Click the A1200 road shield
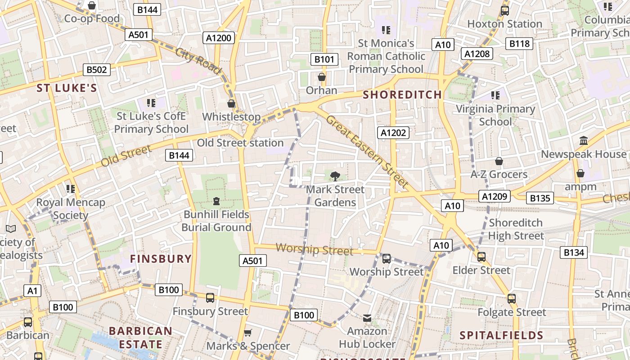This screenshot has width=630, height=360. pos(219,38)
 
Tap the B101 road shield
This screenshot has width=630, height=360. pos(324,59)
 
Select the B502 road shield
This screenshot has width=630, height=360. pos(97,70)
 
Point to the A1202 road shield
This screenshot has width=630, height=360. pos(393,133)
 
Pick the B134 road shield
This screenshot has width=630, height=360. pos(574,252)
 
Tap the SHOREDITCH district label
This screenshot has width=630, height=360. pos(402,94)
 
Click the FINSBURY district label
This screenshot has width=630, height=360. pos(161,259)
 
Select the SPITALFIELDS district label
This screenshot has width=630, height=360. pos(501,335)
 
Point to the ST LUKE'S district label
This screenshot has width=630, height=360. pos(67,88)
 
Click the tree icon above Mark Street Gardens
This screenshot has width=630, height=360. pos(335,176)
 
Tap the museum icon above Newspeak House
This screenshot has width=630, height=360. pos(584,141)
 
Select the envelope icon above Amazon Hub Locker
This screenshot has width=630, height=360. pos(367,318)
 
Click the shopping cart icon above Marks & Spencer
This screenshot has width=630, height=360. pos(247,333)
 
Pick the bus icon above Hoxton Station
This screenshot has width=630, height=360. pos(504,11)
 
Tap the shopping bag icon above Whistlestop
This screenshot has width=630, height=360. pos(231,104)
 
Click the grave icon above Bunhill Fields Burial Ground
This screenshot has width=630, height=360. pos(216,201)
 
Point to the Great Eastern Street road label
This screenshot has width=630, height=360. pos(366,152)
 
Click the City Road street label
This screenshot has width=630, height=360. pos(198,61)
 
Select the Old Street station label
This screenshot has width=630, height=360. pos(240,143)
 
